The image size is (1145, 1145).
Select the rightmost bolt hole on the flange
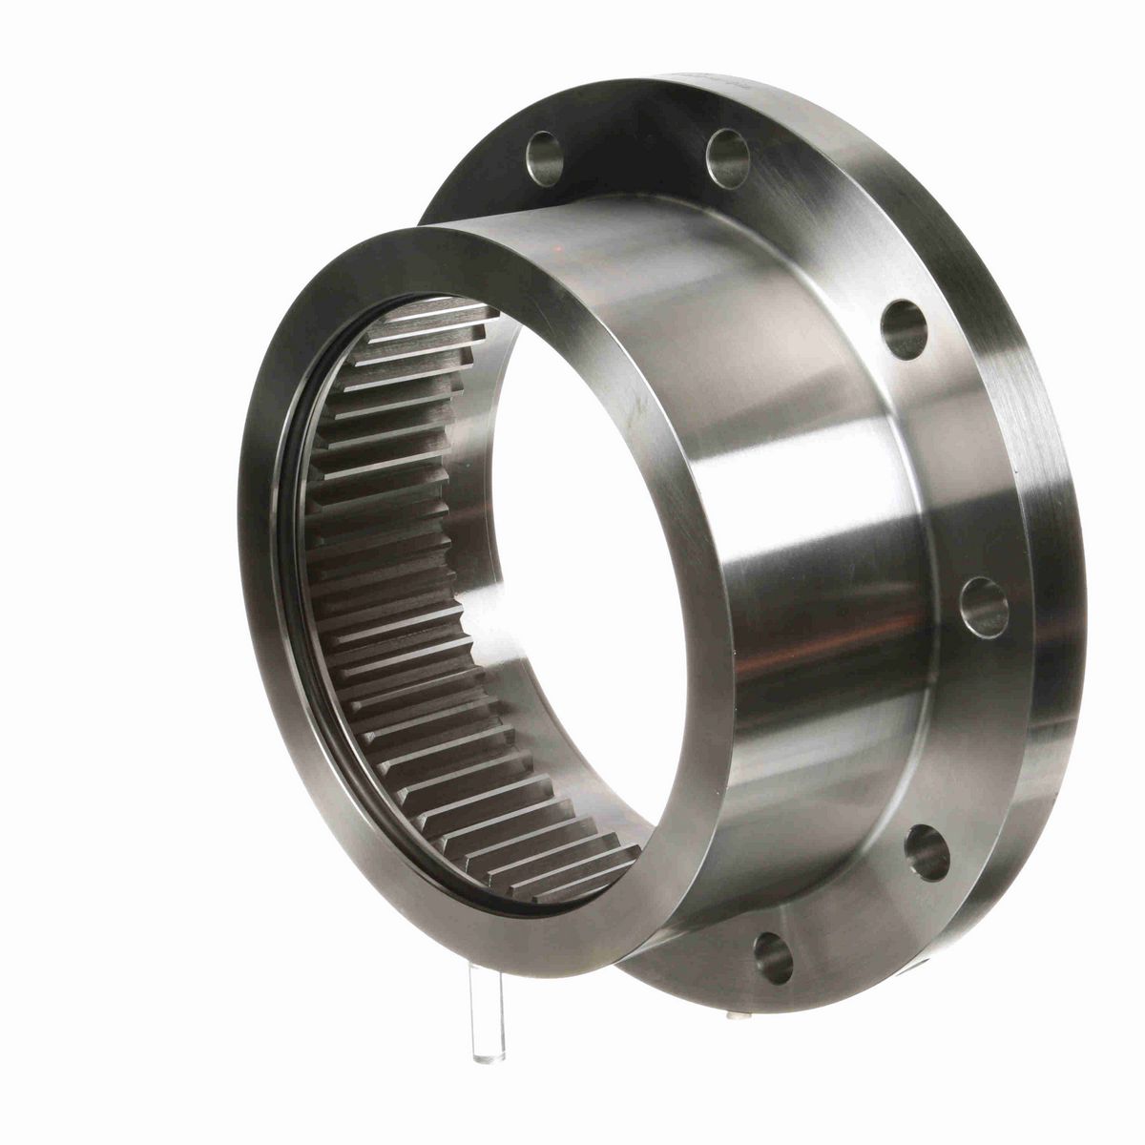985,606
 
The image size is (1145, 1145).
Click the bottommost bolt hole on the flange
773,957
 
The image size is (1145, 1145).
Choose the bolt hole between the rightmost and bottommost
926,852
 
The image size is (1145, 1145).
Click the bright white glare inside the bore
496,649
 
